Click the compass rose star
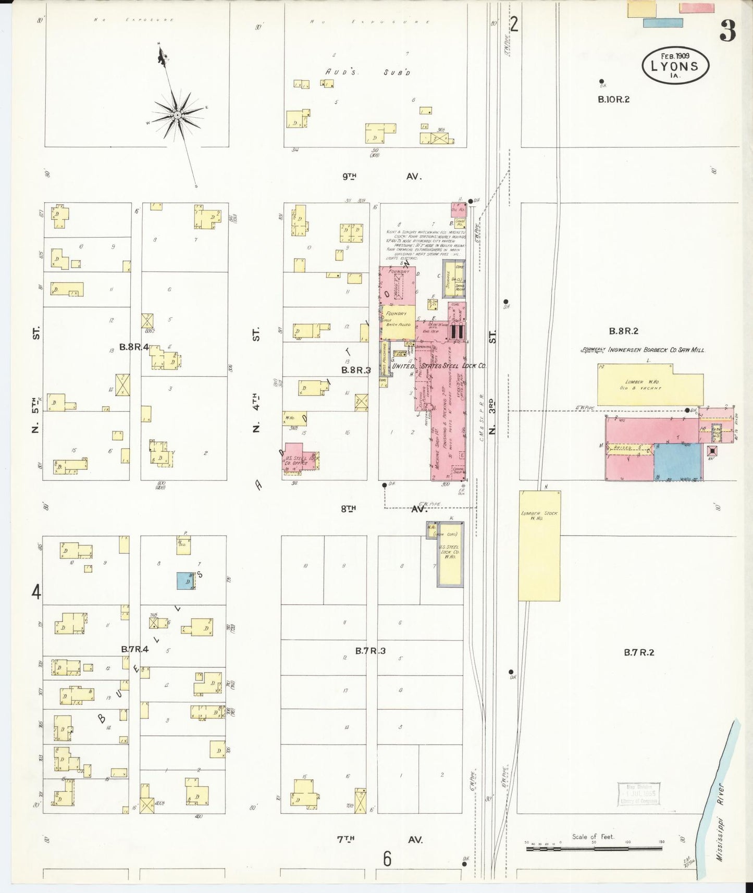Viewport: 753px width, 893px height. coord(177,114)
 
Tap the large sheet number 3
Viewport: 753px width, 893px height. coord(727,32)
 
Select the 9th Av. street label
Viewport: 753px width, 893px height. coord(381,177)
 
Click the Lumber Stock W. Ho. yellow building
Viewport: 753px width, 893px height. coord(539,544)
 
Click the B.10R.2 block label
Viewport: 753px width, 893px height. coord(613,99)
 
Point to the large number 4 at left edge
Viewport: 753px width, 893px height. coord(36,592)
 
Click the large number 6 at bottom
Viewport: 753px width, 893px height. coord(387,858)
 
